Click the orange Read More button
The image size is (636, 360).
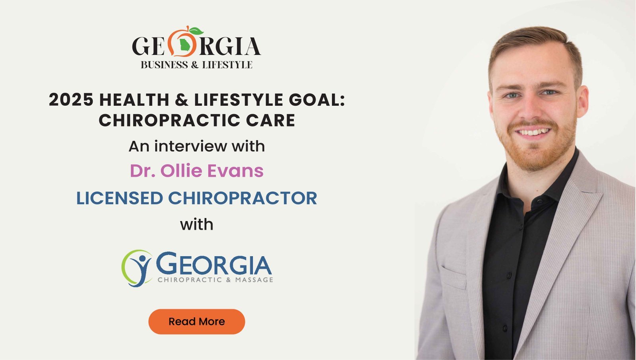pos(196,321)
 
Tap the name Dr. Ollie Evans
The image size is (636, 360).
pos(196,171)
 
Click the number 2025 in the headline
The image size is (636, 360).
pos(71,100)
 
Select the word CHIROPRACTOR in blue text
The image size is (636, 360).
pos(242,198)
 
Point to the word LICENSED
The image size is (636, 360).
pos(120,198)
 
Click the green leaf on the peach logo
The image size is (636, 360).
pos(196,31)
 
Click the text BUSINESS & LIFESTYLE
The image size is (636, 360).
pos(196,64)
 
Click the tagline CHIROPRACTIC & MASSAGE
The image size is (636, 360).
pos(215,280)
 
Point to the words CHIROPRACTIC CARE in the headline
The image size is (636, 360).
pos(197,120)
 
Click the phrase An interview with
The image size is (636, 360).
pos(196,146)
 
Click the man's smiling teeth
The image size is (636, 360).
pos(533,132)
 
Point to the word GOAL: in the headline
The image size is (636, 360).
pos(316,100)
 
